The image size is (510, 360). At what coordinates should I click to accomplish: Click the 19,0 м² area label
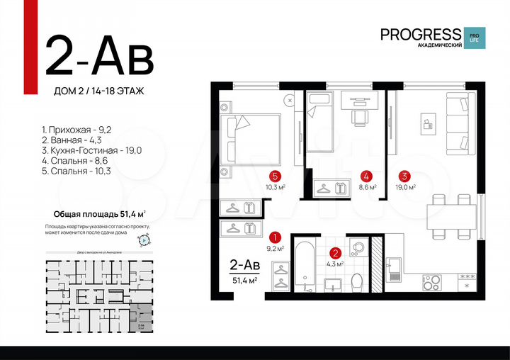(x=404, y=188)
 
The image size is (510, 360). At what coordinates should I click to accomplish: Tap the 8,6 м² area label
(x=367, y=188)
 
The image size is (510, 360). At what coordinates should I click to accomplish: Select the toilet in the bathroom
(x=358, y=281)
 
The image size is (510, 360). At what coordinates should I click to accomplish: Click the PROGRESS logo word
(x=420, y=34)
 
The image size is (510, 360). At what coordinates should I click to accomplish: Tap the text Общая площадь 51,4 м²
(x=100, y=213)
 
